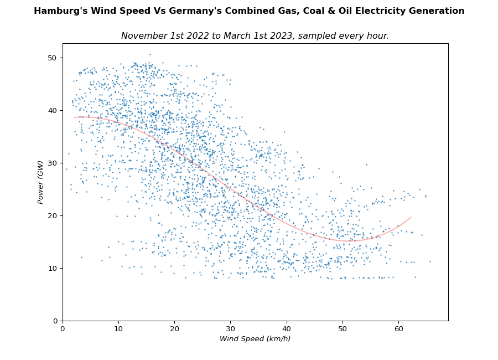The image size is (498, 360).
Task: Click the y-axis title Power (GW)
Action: tap(40, 182)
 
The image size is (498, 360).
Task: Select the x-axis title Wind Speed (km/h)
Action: tap(255, 339)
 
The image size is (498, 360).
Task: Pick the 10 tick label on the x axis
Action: tap(118, 330)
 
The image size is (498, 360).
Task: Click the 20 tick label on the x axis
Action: tap(174, 330)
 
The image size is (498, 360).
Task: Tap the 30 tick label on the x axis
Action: tap(231, 330)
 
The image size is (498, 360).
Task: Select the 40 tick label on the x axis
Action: tap(287, 330)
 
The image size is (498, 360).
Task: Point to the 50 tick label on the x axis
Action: tap(343, 330)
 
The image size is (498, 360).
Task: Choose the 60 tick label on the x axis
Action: tap(398, 330)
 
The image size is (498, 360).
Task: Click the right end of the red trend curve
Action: tap(411, 217)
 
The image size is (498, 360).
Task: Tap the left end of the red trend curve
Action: tap(75, 117)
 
